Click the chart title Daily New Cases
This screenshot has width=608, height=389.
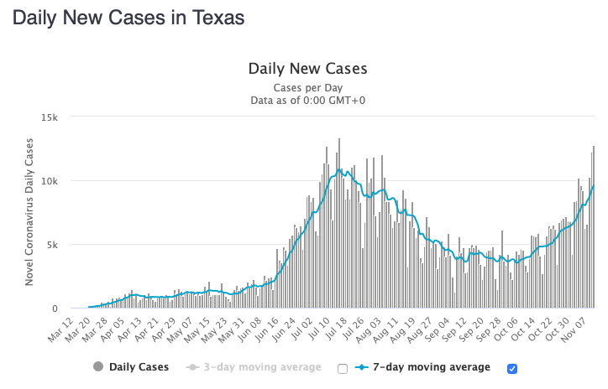point(307,69)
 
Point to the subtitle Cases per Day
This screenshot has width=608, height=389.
point(307,87)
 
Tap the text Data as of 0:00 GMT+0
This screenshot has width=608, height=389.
point(307,101)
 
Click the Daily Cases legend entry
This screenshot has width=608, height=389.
point(130,367)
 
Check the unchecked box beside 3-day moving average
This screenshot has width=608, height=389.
point(342,368)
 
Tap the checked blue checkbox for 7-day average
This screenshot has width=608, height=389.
point(511,368)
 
